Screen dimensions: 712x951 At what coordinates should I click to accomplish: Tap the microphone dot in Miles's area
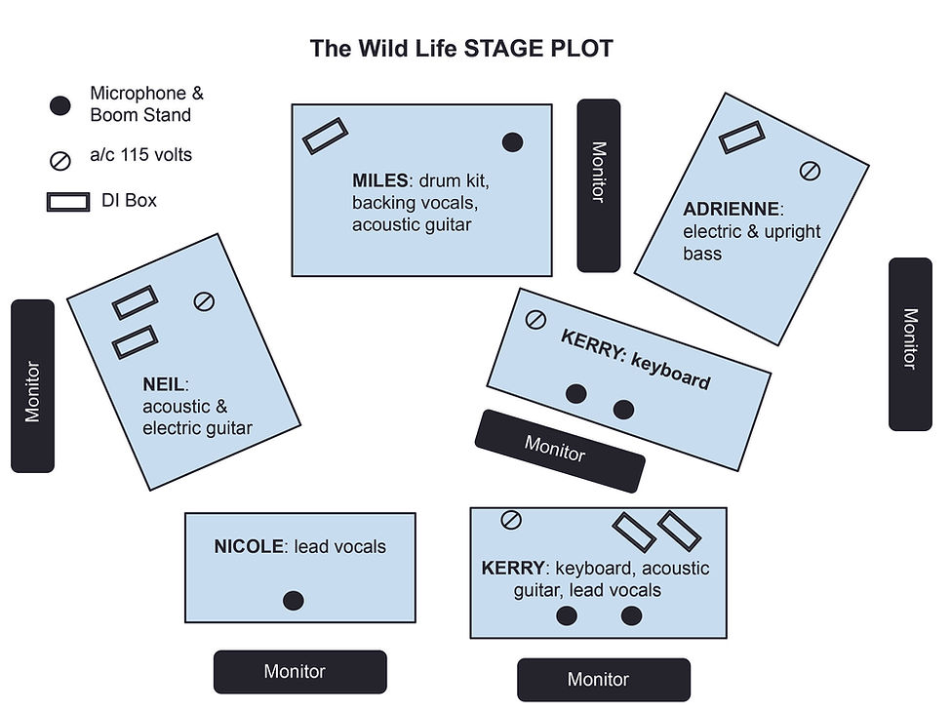(512, 142)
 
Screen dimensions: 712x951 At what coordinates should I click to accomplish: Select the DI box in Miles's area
(325, 136)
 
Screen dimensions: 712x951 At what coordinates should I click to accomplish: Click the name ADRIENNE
(731, 209)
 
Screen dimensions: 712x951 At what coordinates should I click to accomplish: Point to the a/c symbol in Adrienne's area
(810, 172)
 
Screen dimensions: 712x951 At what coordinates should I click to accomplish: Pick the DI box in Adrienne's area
(741, 138)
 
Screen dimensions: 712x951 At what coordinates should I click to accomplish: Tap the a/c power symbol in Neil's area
(204, 301)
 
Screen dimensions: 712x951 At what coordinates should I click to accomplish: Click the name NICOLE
(249, 546)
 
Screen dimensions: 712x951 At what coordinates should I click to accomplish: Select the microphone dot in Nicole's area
(293, 601)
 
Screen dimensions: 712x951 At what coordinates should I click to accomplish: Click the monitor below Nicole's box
(299, 671)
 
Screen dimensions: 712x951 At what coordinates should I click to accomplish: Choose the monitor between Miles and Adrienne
(598, 185)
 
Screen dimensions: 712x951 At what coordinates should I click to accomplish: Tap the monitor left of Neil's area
(32, 386)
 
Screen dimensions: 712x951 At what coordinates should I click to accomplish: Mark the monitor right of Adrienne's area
(909, 343)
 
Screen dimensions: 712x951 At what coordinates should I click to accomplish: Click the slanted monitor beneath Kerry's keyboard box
(559, 450)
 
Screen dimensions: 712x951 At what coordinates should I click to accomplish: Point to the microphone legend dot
(60, 105)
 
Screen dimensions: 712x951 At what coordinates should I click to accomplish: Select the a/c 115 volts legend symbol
(60, 160)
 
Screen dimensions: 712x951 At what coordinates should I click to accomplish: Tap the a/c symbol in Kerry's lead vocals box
(510, 520)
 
